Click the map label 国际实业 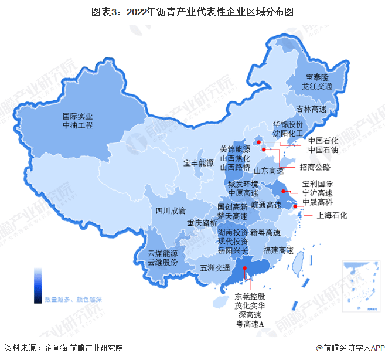pyautogui.click(x=78, y=116)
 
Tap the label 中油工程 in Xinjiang pyautogui.click(x=78, y=125)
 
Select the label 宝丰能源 pyautogui.click(x=198, y=162)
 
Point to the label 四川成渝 pyautogui.click(x=170, y=210)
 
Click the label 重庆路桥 pyautogui.click(x=202, y=223)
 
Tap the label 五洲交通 pyautogui.click(x=214, y=268)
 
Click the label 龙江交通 pyautogui.click(x=317, y=86)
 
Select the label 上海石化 pyautogui.click(x=332, y=215)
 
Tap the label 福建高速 pyautogui.click(x=278, y=250)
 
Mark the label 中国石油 pyautogui.click(x=323, y=150)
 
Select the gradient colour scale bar pyautogui.click(x=38, y=286)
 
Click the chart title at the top pyautogui.click(x=192, y=11)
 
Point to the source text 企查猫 pyautogui.click(x=57, y=348)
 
